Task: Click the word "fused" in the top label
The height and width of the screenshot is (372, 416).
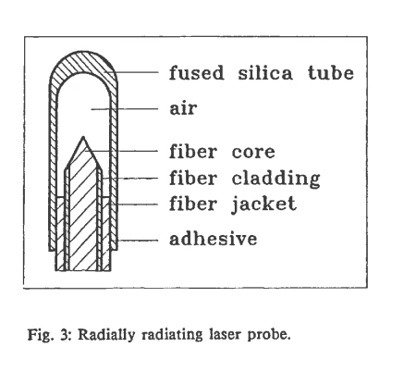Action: click(x=197, y=73)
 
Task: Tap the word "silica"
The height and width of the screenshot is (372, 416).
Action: click(x=265, y=73)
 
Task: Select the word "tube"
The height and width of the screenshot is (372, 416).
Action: click(x=331, y=73)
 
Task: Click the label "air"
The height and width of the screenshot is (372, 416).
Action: click(x=183, y=108)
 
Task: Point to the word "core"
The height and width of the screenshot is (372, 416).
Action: click(x=253, y=152)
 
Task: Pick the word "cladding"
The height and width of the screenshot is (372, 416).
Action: click(x=275, y=179)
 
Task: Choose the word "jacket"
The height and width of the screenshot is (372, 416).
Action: click(x=264, y=205)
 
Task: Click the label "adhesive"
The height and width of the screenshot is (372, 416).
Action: click(x=214, y=239)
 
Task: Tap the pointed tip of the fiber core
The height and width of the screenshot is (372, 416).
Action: click(x=83, y=137)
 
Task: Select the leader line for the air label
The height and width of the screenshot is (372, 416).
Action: click(x=125, y=109)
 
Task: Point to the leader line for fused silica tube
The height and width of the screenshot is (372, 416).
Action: click(x=131, y=72)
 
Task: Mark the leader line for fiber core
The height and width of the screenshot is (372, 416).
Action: click(x=122, y=151)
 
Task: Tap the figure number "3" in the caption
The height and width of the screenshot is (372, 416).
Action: click(x=64, y=334)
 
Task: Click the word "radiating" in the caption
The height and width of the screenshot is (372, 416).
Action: click(x=172, y=335)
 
